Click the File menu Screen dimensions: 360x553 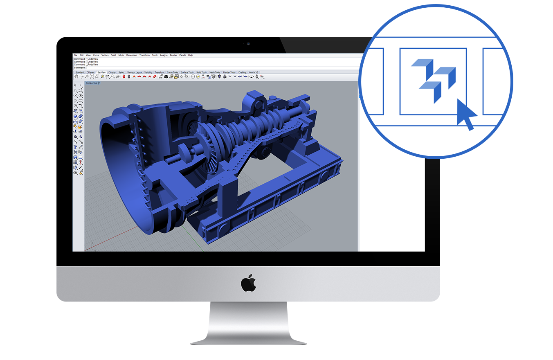click(75, 55)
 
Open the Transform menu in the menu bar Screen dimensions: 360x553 click(144, 55)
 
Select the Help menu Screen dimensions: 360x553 click(191, 55)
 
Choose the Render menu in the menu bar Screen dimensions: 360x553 click(173, 55)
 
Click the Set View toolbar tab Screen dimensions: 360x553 click(101, 72)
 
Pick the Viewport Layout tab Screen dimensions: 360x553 click(135, 72)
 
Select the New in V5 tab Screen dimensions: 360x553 click(254, 72)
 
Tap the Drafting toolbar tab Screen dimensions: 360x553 click(242, 72)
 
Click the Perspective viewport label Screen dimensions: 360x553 click(92, 83)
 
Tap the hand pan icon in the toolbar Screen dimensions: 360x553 click(76, 76)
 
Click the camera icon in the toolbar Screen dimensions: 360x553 click(166, 76)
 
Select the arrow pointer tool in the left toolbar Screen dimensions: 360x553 click(75, 85)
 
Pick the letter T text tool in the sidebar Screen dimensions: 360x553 click(75, 147)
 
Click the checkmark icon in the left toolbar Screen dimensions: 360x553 click(81, 168)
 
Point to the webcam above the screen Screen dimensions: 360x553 click(248, 43)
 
